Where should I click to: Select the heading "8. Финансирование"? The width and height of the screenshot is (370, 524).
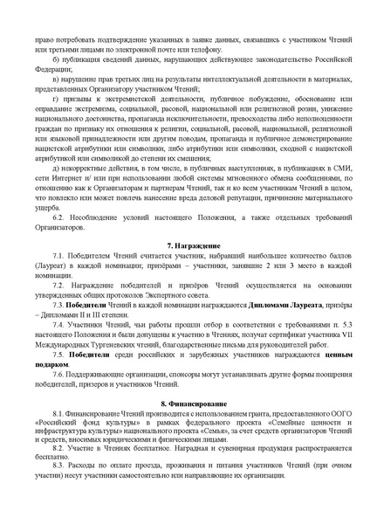tap(184, 405)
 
